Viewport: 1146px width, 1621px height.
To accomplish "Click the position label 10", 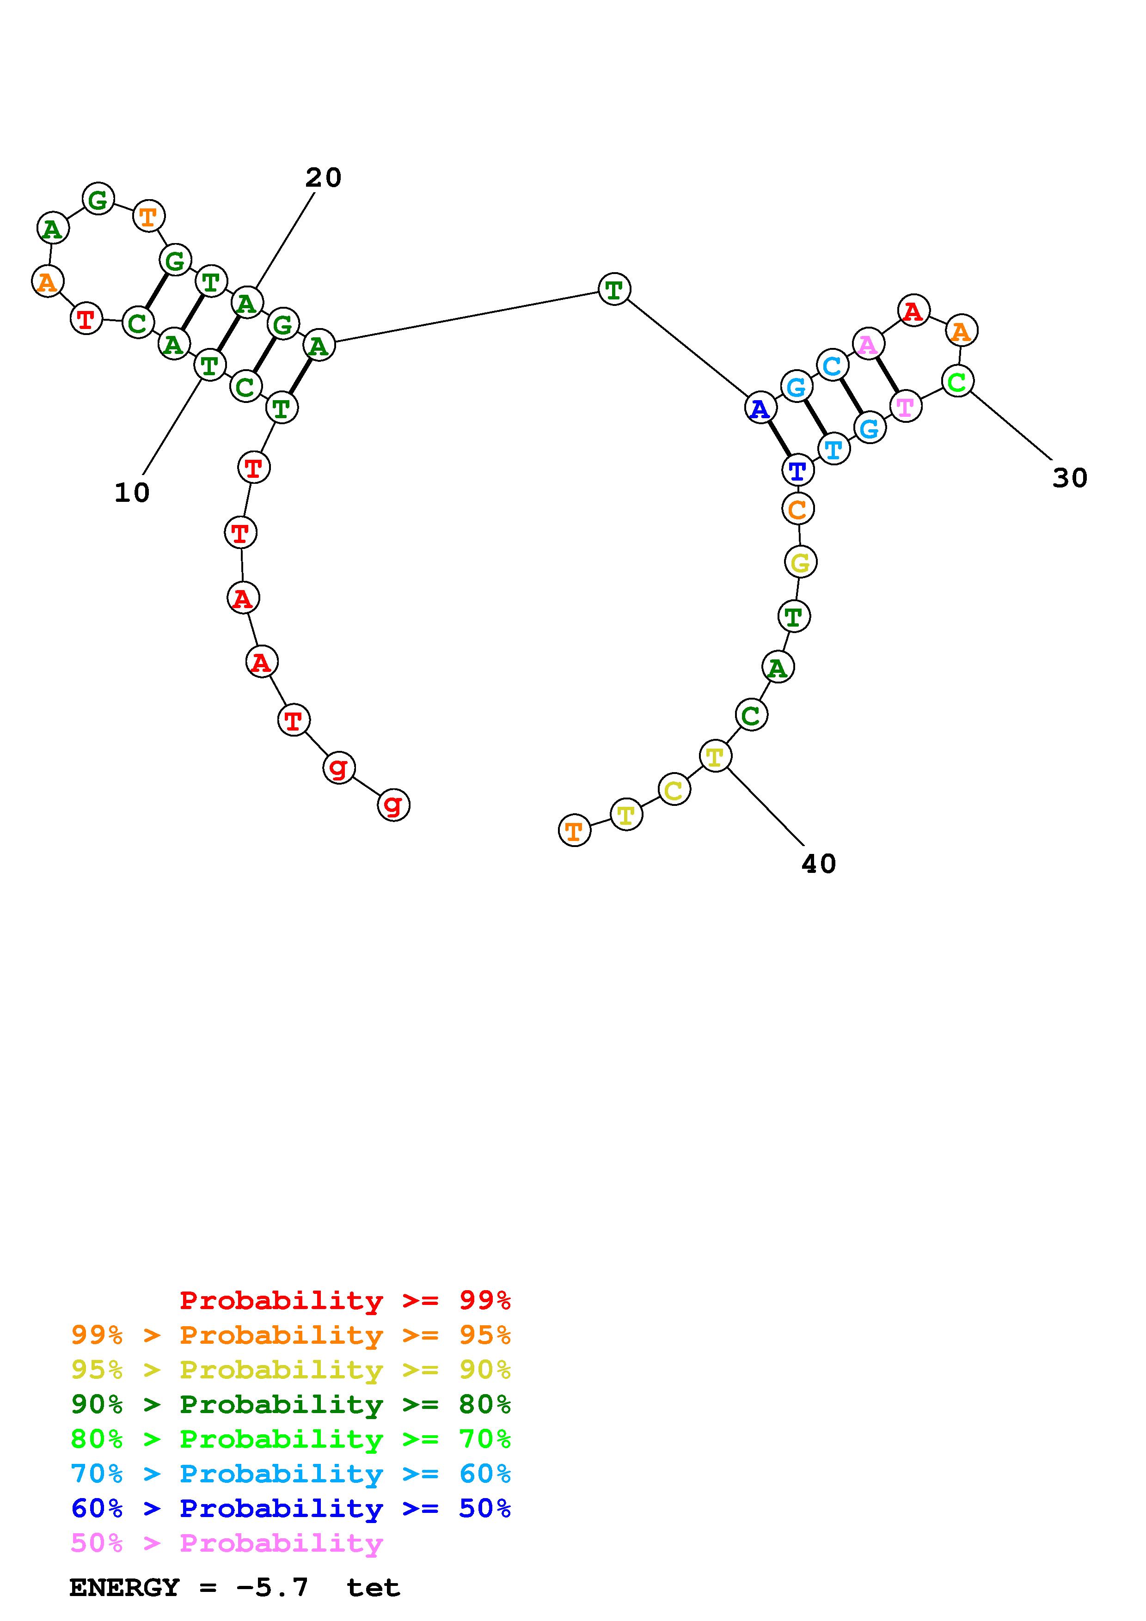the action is pyautogui.click(x=132, y=493).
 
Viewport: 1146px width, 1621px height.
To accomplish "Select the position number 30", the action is pyautogui.click(x=1070, y=478).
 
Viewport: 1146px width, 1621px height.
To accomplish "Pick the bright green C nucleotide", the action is pyautogui.click(x=957, y=381).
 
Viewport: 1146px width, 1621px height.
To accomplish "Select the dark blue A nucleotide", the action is pyautogui.click(x=760, y=408).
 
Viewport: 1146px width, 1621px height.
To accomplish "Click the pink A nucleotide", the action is pyautogui.click(x=868, y=344).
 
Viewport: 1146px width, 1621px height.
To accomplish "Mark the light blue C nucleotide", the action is pyautogui.click(x=833, y=365).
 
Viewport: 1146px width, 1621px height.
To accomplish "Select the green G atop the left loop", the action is pyautogui.click(x=98, y=199).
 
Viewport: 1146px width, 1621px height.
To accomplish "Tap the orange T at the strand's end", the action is pyautogui.click(x=574, y=830).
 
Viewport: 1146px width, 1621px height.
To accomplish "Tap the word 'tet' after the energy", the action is pyautogui.click(x=373, y=1588).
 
